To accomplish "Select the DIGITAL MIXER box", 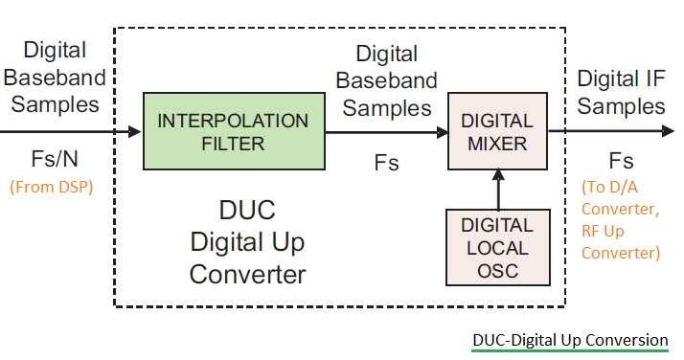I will coord(497,132).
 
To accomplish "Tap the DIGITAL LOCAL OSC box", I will coord(497,246).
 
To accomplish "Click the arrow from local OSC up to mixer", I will coord(497,190).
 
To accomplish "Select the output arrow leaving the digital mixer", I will coord(604,133).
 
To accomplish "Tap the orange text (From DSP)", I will coord(52,187).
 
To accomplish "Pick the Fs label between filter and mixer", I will coord(386,162).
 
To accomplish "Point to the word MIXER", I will coord(497,145).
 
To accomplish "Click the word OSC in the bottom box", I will coord(497,269).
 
